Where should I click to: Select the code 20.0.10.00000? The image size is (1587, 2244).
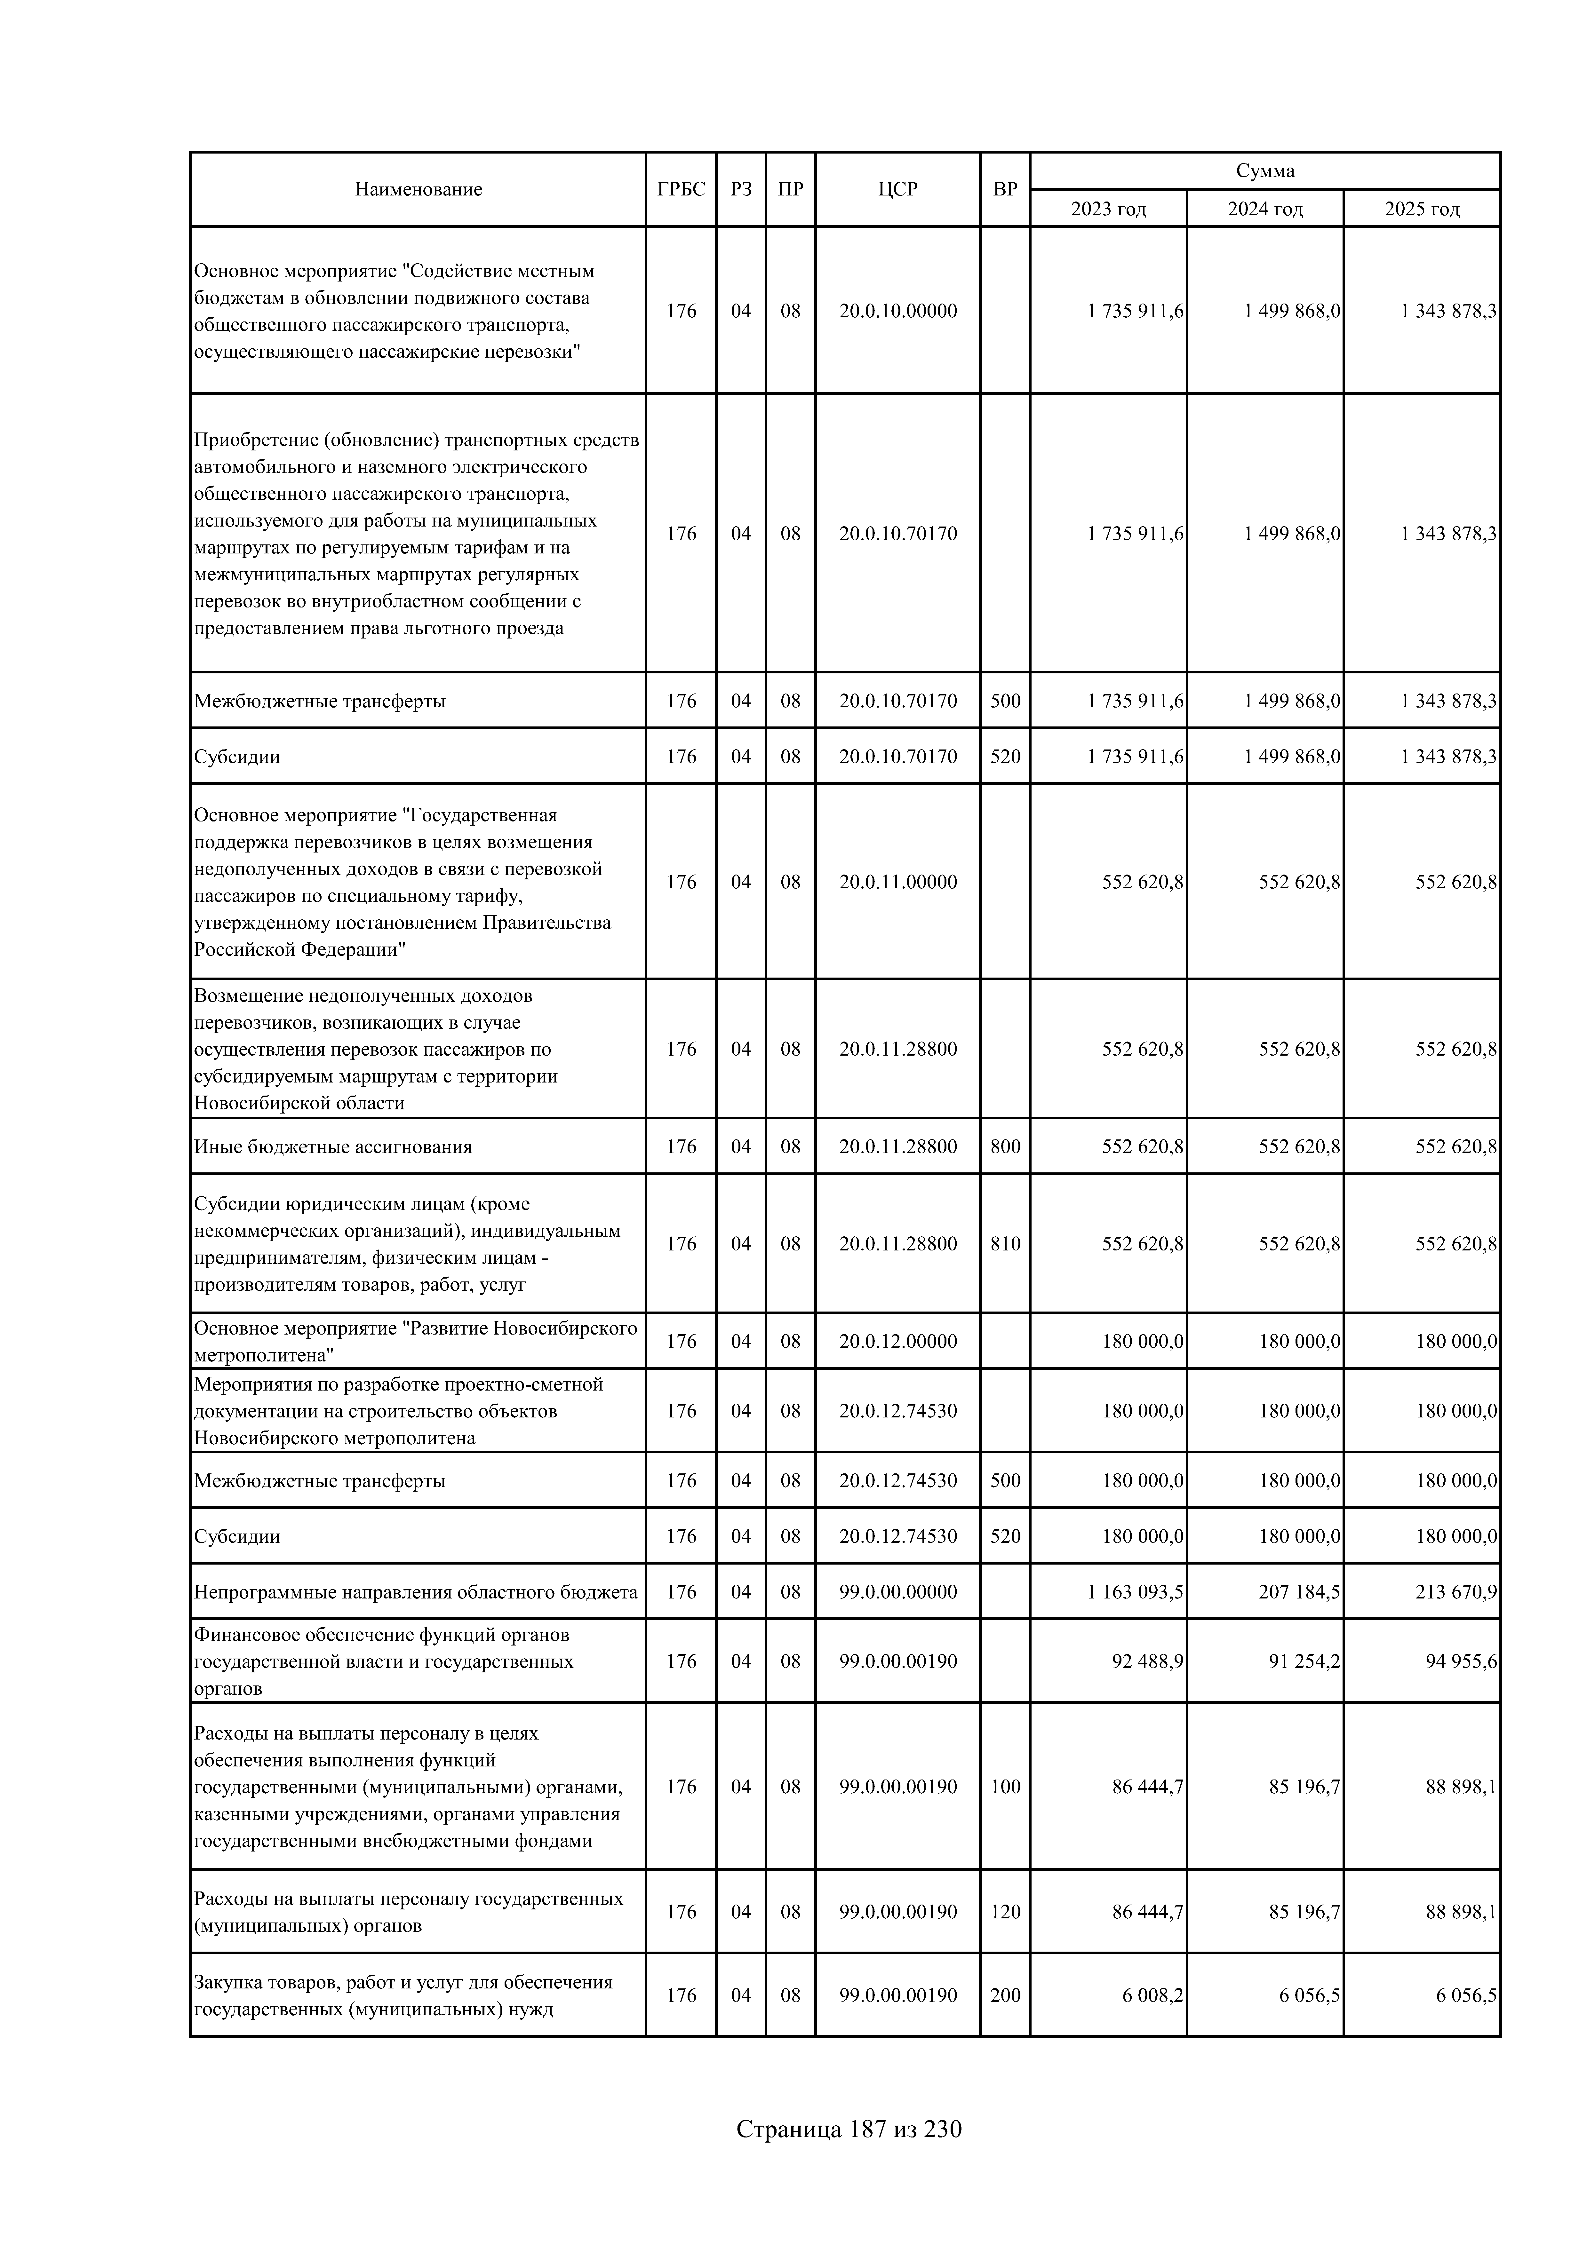[x=897, y=311]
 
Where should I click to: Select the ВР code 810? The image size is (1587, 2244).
[x=1005, y=1243]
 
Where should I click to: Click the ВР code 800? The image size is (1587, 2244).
[x=1005, y=1146]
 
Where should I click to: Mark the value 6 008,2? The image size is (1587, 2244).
[x=1152, y=1995]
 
